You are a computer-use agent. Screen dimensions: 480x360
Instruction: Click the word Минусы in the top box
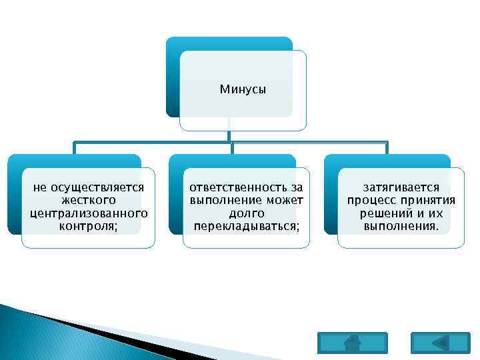click(x=243, y=89)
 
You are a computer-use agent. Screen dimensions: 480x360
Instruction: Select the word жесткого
click(x=88, y=200)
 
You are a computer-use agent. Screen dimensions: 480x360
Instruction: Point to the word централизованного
click(x=88, y=213)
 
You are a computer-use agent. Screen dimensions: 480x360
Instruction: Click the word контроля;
click(x=88, y=226)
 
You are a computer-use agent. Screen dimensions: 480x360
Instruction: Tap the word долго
click(x=247, y=213)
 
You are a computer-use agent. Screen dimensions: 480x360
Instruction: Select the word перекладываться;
click(x=247, y=226)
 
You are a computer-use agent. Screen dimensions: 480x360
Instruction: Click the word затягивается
click(x=401, y=188)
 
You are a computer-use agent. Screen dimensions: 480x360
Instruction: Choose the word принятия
click(x=427, y=200)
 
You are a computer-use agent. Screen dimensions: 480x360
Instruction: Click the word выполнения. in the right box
click(x=401, y=226)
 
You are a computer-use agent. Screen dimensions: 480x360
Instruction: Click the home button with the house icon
click(x=353, y=342)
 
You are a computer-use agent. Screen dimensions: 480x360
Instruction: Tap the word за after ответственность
click(x=297, y=188)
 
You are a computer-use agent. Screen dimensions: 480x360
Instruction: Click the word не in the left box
click(x=40, y=188)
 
